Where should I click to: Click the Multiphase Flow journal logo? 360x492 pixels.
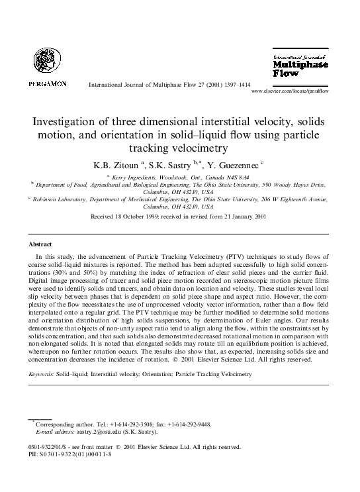pos(294,66)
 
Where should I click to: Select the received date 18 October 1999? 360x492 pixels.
pos(153,216)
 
